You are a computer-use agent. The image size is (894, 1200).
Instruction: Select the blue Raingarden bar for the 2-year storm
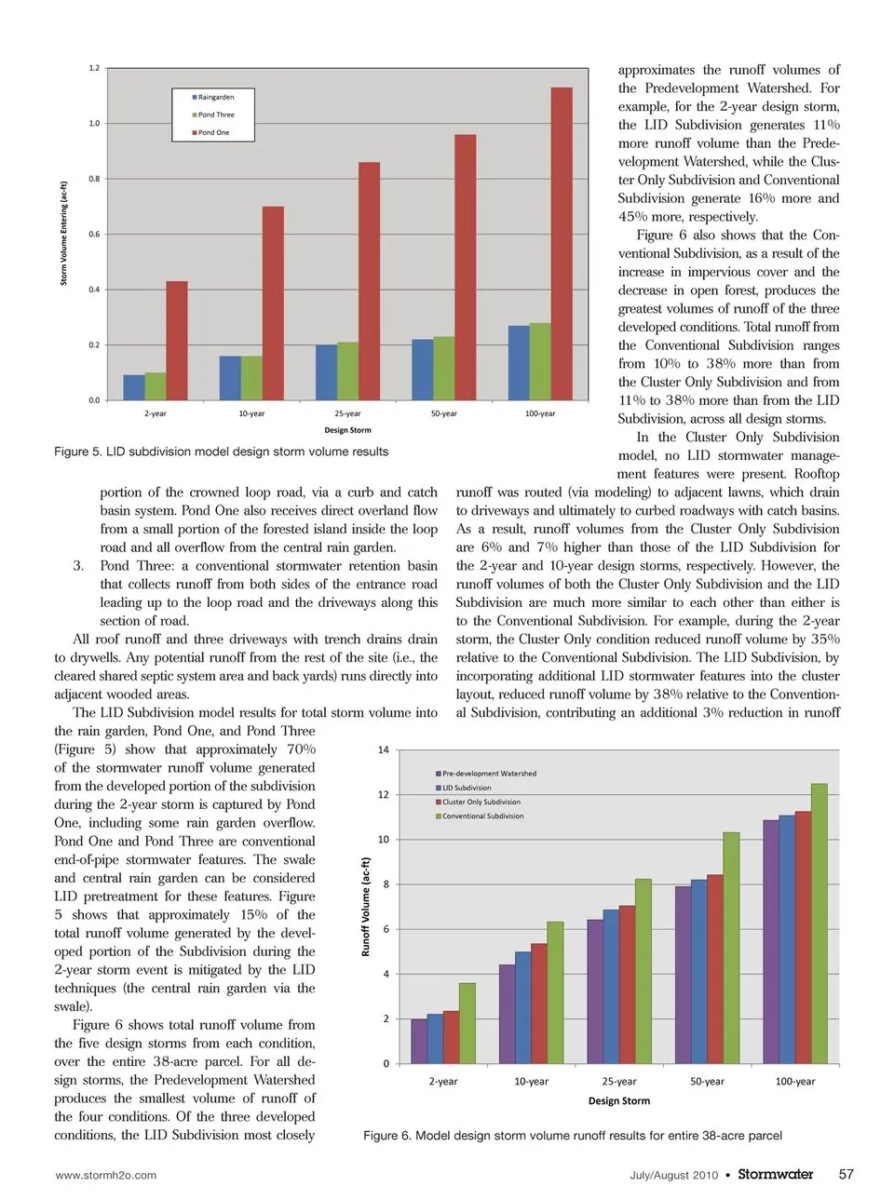tap(133, 387)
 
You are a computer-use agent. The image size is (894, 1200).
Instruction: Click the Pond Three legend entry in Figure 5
tap(216, 115)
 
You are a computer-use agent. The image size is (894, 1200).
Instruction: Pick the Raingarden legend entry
tap(215, 97)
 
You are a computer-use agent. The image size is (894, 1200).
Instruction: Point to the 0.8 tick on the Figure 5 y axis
tap(94, 179)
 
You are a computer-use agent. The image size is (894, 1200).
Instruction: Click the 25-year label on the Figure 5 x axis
tap(347, 413)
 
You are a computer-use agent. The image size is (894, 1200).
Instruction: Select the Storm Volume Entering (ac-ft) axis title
tap(64, 234)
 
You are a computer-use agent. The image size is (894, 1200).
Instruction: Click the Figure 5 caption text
tap(222, 452)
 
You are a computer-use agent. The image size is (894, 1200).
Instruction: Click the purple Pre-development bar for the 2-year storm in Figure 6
tap(419, 1041)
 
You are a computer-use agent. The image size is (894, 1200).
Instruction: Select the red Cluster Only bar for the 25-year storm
tap(627, 984)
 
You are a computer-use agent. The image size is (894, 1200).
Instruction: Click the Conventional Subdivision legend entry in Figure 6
tap(482, 816)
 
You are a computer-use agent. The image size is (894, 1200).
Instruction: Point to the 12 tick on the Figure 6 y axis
tap(383, 795)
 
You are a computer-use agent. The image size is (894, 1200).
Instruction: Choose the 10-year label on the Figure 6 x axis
tap(531, 1082)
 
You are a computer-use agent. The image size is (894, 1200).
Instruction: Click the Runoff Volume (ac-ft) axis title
tap(366, 907)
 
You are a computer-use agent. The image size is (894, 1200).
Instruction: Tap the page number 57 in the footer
tap(846, 1174)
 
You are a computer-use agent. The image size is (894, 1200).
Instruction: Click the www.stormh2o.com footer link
tap(106, 1175)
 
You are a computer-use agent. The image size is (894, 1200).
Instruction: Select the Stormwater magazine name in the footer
tap(775, 1174)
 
